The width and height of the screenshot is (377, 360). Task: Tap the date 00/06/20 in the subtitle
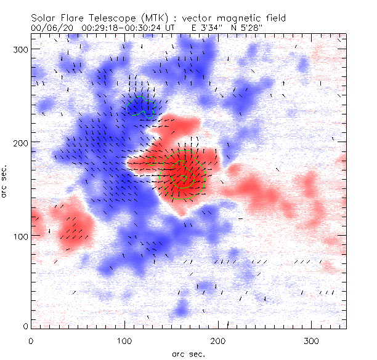coord(52,28)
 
